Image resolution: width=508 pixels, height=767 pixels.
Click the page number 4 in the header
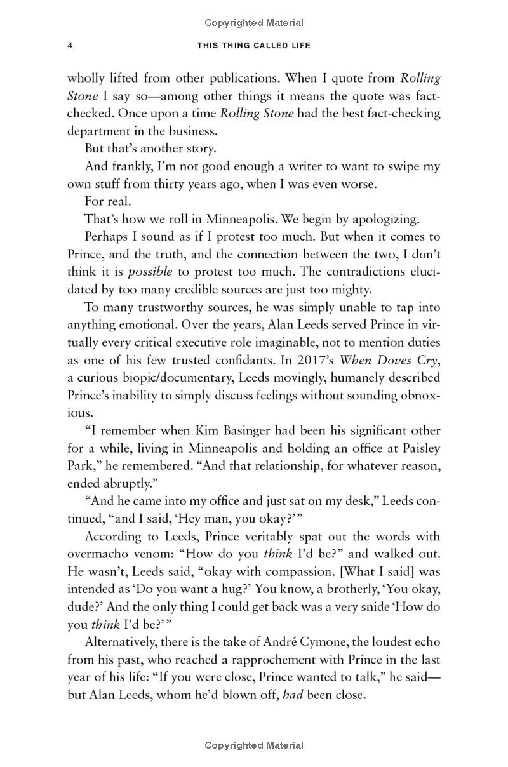[70, 46]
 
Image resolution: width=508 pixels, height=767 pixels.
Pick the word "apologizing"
[379, 220]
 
